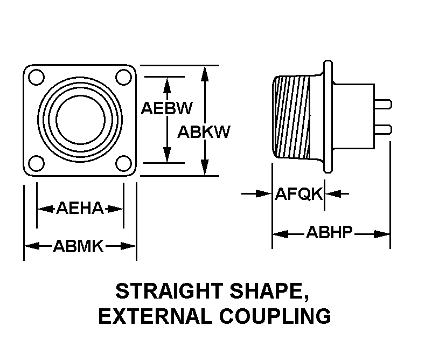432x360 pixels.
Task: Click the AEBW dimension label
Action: (x=166, y=108)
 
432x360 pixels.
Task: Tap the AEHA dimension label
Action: (x=80, y=208)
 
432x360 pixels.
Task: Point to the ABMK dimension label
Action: (x=79, y=246)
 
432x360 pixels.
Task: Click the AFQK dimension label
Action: (x=298, y=194)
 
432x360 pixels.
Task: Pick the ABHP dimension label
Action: (x=329, y=232)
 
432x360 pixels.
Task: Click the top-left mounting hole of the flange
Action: (x=37, y=78)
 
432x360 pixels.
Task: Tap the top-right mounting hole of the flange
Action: (x=123, y=77)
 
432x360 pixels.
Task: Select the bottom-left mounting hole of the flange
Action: (x=37, y=163)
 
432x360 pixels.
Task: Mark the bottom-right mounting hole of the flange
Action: (x=123, y=163)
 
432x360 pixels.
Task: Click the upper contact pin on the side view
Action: (x=383, y=105)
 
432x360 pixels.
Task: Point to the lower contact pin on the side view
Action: (x=383, y=129)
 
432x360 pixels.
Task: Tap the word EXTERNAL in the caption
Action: (x=155, y=316)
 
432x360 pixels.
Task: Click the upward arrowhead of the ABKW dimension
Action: (x=205, y=74)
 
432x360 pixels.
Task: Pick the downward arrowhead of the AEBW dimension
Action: (x=167, y=155)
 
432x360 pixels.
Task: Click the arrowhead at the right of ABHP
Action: (x=382, y=234)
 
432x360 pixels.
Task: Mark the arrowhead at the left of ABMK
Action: (x=32, y=246)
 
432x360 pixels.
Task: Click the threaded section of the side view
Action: (x=292, y=117)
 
